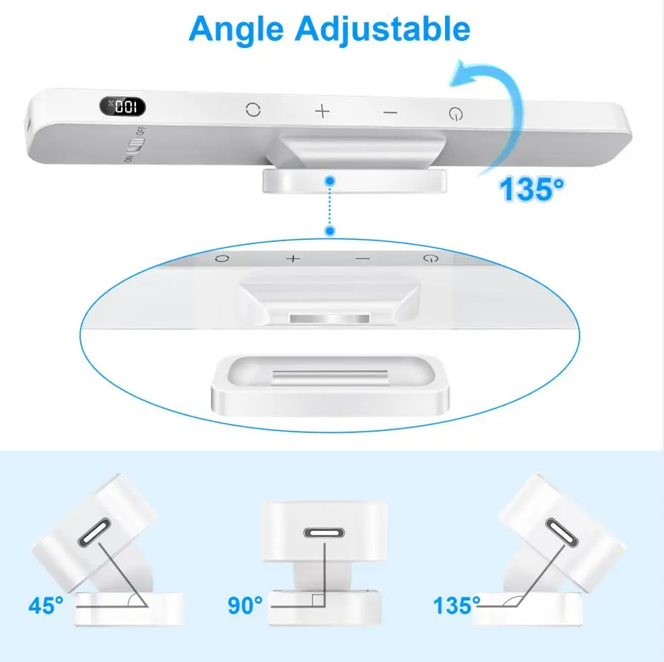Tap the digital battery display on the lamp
(x=122, y=107)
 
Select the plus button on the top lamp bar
(x=323, y=111)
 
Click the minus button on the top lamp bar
(x=389, y=112)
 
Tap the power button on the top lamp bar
(x=455, y=113)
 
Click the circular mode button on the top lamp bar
(x=253, y=109)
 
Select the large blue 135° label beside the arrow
(x=531, y=190)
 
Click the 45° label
(x=47, y=606)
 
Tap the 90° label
(x=245, y=606)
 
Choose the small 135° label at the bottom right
(x=456, y=606)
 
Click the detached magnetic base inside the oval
(x=330, y=387)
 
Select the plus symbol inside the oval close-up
(x=293, y=258)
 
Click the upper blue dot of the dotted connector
(x=328, y=180)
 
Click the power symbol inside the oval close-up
(x=429, y=258)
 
